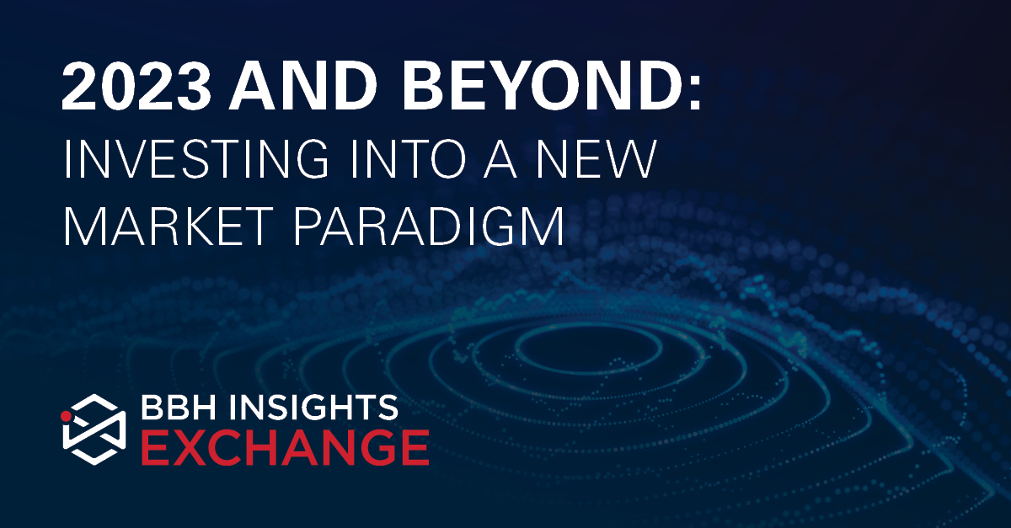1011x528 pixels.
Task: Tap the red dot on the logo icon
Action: [67, 414]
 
